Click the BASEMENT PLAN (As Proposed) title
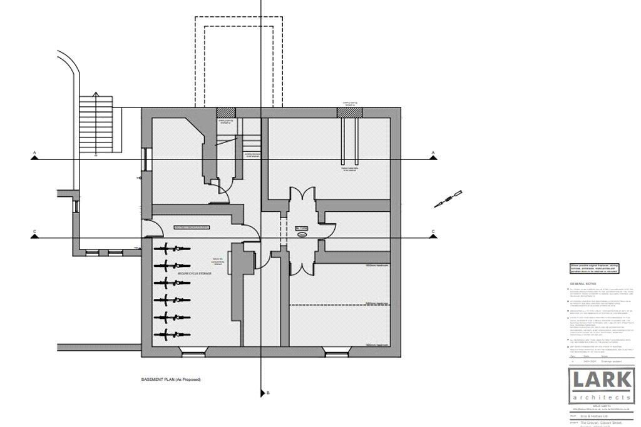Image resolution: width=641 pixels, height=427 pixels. pos(171,379)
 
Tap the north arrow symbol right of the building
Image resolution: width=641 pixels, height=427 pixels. pos(449,199)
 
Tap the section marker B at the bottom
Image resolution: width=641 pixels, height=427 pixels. pos(264,393)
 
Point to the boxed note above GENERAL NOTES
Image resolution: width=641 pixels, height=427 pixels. pos(597,269)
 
